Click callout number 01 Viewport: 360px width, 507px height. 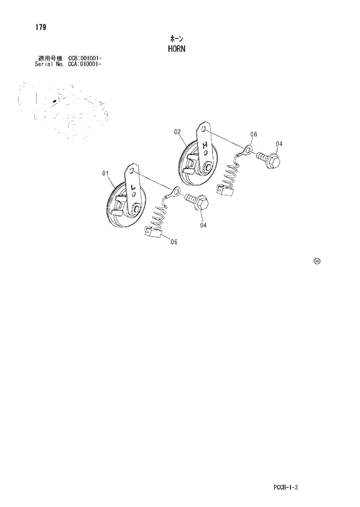coord(106,172)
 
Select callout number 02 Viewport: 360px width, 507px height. coord(178,132)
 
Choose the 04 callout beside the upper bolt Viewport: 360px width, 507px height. coord(279,144)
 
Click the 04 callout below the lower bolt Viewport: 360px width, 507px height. coord(203,225)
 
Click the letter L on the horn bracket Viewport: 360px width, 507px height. coord(134,188)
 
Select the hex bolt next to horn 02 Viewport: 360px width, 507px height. coord(269,160)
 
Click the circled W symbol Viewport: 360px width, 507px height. coord(316,261)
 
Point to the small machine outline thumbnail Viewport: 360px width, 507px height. coord(61,109)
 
